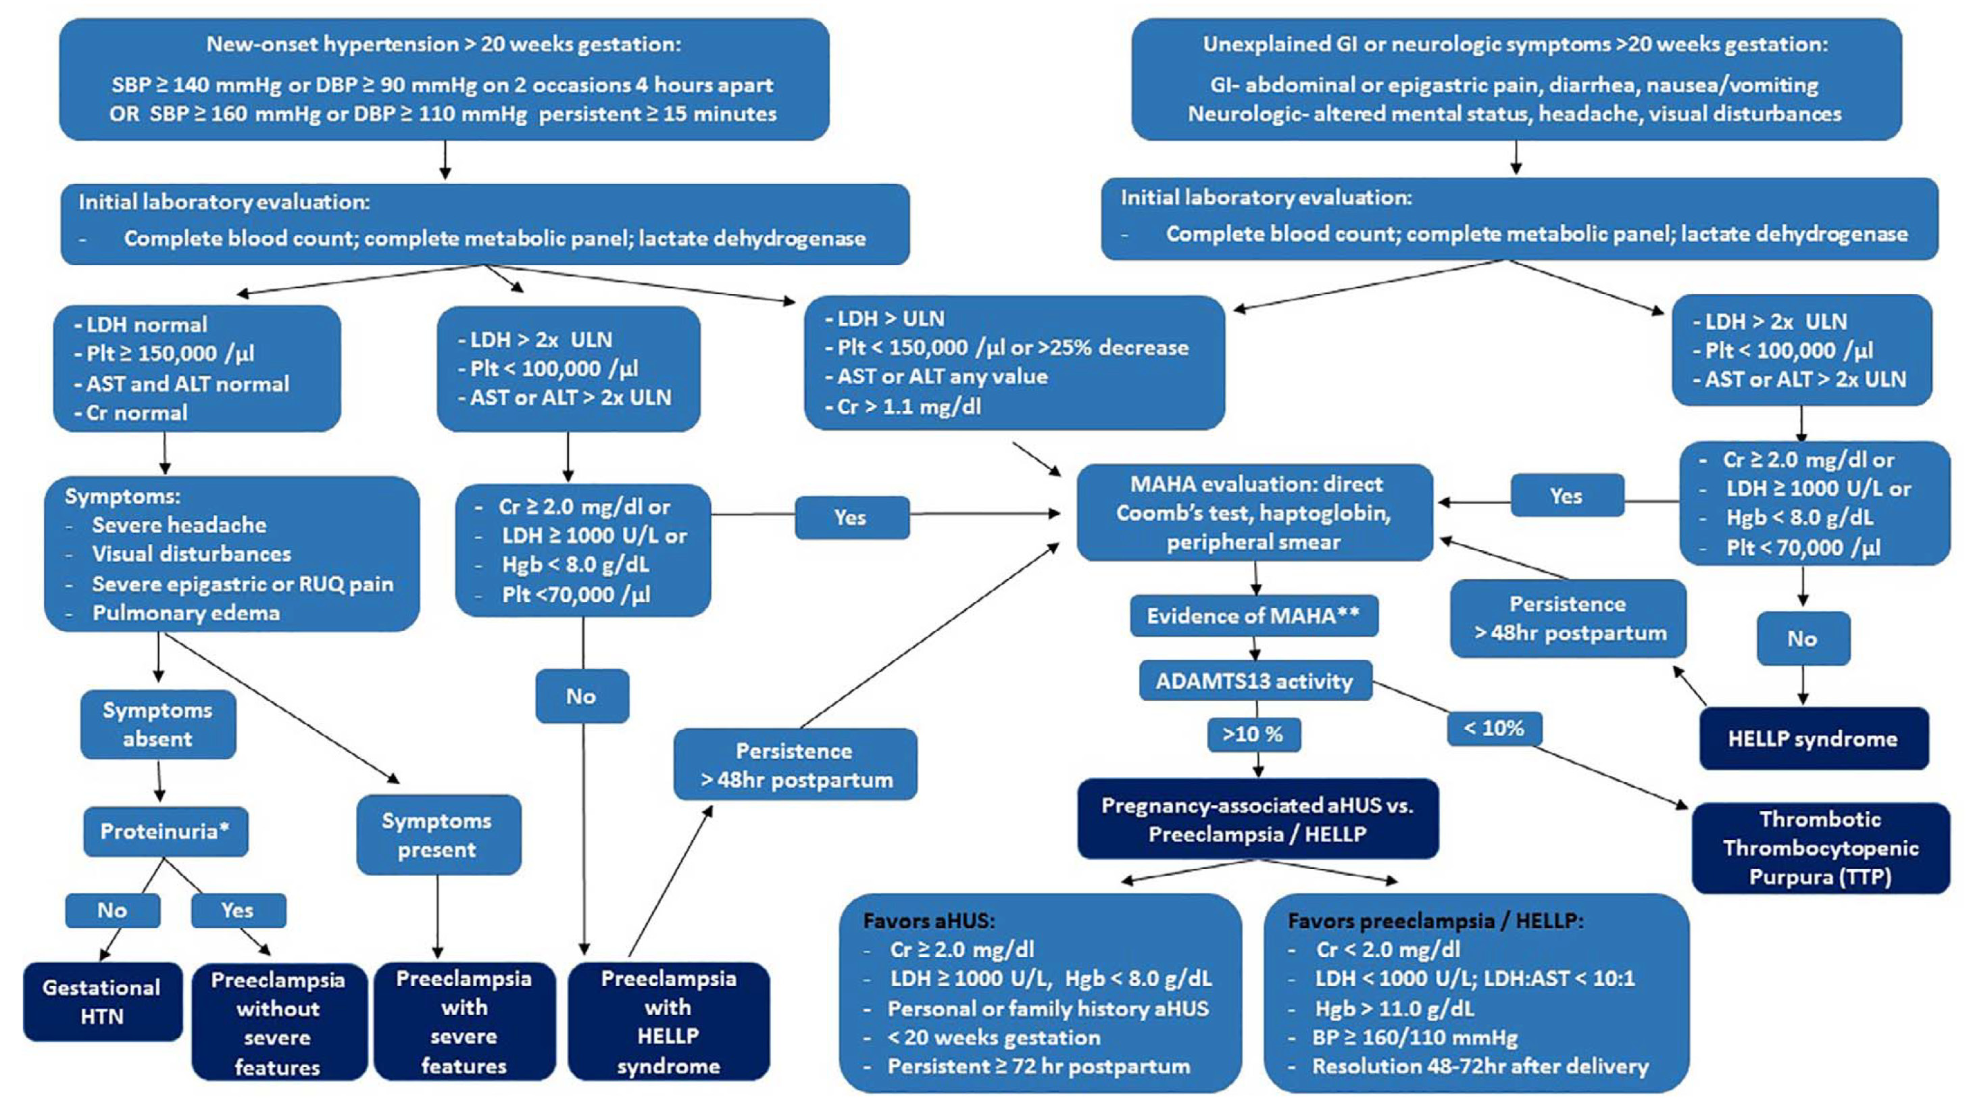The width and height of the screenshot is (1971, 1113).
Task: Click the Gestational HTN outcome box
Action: [x=103, y=1001]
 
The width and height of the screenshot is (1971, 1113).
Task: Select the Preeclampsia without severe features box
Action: [x=278, y=1022]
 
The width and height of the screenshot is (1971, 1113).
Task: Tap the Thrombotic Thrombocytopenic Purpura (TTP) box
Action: [x=1820, y=848]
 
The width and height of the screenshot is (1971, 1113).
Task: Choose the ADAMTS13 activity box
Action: [x=1255, y=681]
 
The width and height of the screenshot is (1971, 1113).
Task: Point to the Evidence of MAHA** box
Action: [x=1253, y=616]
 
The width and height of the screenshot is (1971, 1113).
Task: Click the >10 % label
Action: [x=1253, y=734]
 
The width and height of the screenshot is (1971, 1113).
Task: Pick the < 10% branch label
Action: [x=1493, y=728]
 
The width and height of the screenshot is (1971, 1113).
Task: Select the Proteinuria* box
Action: [x=166, y=831]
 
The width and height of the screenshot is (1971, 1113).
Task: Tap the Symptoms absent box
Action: [x=157, y=724]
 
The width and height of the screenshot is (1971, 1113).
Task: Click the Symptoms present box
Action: [x=438, y=835]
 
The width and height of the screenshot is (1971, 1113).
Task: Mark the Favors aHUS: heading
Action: [x=929, y=920]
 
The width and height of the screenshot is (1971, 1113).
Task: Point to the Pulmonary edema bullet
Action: [x=186, y=613]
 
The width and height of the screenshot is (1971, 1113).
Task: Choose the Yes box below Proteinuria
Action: [x=238, y=910]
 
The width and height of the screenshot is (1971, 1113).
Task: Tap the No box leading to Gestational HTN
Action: [x=112, y=910]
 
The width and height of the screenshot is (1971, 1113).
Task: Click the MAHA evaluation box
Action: [x=1253, y=513]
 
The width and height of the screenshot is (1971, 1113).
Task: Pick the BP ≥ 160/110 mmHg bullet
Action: [x=1416, y=1037]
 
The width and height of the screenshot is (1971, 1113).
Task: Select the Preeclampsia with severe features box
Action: [x=464, y=1021]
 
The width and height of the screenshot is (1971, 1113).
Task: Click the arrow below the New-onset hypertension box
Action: [x=445, y=162]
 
